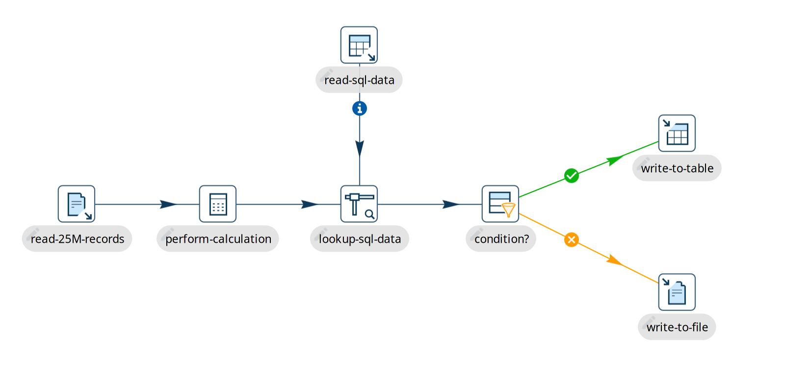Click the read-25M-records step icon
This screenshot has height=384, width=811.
(x=77, y=204)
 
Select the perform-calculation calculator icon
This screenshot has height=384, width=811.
(x=218, y=204)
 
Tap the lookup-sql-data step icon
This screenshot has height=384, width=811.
(x=359, y=204)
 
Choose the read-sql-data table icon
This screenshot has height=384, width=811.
(x=359, y=45)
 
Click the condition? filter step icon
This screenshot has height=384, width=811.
(x=500, y=204)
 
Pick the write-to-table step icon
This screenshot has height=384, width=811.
(x=677, y=133)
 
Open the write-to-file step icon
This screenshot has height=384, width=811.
(x=677, y=292)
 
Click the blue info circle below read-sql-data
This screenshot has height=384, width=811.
(x=360, y=108)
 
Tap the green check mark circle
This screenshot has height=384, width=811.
(x=572, y=176)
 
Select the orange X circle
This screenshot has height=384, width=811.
(x=572, y=240)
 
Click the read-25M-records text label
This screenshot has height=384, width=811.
(x=78, y=239)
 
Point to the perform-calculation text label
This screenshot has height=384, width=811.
(x=218, y=239)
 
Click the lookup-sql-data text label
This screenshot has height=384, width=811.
(x=360, y=239)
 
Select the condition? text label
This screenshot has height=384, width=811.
(x=501, y=239)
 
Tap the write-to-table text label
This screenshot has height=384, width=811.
(x=677, y=168)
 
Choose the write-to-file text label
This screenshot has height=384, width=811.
(x=677, y=327)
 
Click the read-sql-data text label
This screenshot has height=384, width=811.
(x=359, y=80)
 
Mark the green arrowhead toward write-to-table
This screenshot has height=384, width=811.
(x=615, y=159)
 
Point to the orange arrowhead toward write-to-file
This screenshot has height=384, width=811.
(x=614, y=260)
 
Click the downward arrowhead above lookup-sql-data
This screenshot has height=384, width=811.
(x=360, y=148)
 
